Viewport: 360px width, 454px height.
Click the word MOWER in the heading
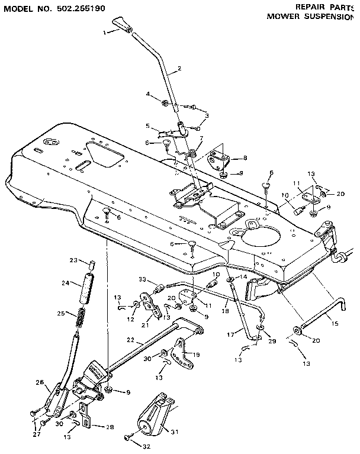[284, 17]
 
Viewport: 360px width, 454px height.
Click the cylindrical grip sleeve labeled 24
[87, 291]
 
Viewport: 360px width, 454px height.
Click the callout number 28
[110, 426]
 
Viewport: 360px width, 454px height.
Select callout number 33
[143, 279]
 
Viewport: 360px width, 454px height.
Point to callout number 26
[39, 382]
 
